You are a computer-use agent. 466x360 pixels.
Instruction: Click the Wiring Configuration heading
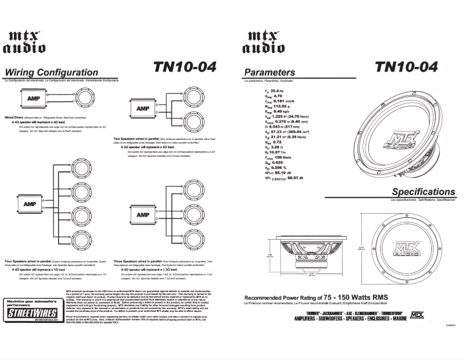pyautogui.click(x=52, y=73)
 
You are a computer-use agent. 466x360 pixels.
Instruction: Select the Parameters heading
pyautogui.click(x=270, y=73)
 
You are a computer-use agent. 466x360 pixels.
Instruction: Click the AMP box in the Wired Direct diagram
pyautogui.click(x=34, y=98)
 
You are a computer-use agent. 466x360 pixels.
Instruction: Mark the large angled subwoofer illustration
pyautogui.click(x=400, y=132)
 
